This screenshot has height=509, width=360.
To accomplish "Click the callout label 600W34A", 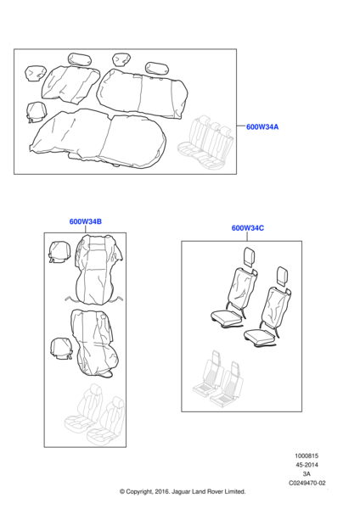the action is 262,127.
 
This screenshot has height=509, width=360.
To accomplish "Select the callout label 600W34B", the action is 86,221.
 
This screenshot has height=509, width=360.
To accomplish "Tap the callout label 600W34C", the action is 248,228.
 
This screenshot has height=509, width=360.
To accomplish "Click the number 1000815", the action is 307,456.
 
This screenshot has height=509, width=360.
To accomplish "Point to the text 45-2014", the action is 307,465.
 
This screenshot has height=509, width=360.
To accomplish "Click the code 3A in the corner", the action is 307,474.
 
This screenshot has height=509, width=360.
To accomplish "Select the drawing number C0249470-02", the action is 307,483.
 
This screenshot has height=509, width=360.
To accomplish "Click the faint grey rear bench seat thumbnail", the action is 205,142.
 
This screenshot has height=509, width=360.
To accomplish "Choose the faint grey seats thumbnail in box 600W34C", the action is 217,379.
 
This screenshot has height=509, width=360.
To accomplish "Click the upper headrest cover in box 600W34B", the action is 59,252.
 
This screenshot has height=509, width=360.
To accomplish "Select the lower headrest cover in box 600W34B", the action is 61,349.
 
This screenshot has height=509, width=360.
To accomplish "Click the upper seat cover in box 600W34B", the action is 98,270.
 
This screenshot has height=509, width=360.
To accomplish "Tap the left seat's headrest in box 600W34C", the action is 250,257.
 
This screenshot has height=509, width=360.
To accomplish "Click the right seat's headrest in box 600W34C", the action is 282,277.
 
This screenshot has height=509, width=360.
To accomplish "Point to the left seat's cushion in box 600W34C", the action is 226,316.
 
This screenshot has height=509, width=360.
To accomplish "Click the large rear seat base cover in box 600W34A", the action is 98,138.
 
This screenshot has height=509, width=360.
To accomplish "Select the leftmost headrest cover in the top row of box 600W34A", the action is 36,73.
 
